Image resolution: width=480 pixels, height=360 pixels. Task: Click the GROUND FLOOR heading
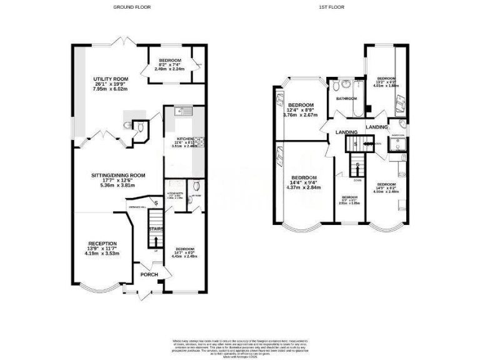[132, 7]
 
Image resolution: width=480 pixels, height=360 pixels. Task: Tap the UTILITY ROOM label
[106, 78]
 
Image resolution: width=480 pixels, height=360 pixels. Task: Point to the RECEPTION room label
[102, 244]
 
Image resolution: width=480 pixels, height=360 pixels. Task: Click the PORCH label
[149, 275]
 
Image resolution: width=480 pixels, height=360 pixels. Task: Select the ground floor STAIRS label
[155, 229]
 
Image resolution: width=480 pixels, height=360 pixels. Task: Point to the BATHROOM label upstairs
[346, 99]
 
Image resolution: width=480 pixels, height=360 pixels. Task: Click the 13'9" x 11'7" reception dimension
[102, 249]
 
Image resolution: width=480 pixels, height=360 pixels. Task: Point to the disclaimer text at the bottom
[239, 346]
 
